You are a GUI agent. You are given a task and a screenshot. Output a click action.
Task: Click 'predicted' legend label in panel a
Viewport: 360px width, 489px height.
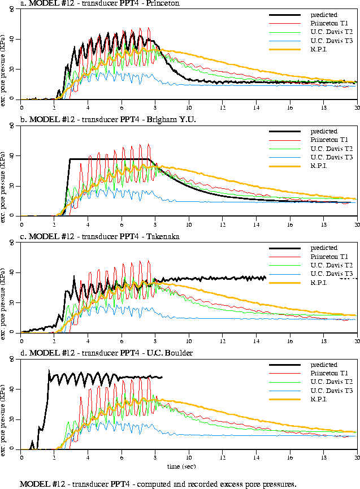(x=324, y=14)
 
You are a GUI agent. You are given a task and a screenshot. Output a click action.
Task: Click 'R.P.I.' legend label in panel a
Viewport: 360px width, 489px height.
(x=320, y=49)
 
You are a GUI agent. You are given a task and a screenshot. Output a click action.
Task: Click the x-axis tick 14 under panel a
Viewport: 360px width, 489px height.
(x=256, y=106)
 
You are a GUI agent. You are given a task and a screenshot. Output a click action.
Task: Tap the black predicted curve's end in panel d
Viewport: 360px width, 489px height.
(x=162, y=377)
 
